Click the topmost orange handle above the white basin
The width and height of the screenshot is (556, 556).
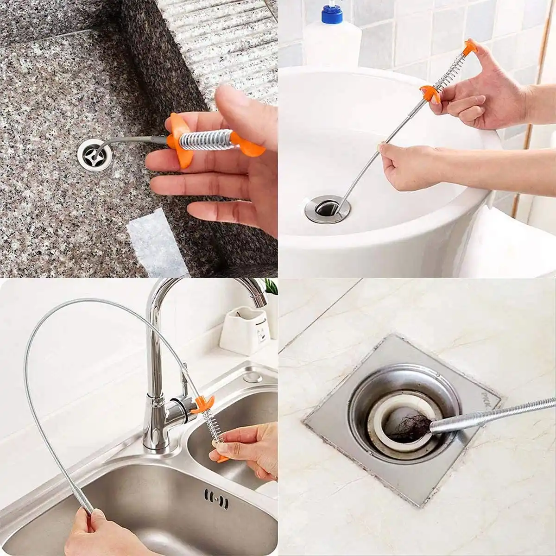point(470,46)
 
